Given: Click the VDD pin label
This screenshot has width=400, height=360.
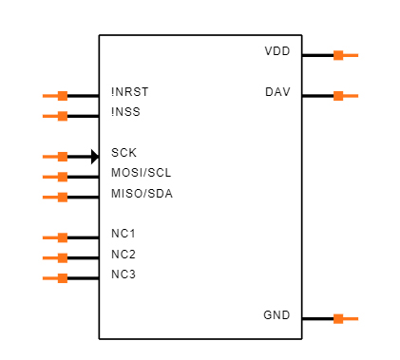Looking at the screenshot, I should (x=276, y=50).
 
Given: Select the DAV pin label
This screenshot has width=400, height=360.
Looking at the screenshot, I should (x=276, y=92).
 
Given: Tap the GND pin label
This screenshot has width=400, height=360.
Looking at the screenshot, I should (x=276, y=315).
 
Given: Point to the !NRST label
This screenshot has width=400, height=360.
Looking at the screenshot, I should (x=130, y=92).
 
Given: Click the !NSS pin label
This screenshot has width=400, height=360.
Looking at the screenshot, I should (x=126, y=113).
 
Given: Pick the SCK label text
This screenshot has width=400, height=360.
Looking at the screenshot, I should (x=124, y=152).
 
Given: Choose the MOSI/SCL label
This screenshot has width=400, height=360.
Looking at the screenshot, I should (x=142, y=173).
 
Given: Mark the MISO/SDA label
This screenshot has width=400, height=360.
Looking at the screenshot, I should (x=142, y=194).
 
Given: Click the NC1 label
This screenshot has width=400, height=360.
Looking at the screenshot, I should (x=124, y=234).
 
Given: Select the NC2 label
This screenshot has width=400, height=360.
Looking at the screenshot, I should (x=124, y=255).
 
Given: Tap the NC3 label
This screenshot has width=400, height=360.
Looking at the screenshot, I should (x=124, y=275).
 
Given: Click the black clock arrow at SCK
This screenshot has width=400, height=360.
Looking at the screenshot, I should (x=95, y=157).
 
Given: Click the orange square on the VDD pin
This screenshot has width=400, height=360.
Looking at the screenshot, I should (x=338, y=55).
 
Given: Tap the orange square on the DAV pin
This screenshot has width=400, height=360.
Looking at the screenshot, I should (x=338, y=95).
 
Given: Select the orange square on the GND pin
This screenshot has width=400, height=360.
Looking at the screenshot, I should (x=338, y=318).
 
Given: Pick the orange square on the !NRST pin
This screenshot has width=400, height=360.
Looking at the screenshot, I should (x=63, y=96).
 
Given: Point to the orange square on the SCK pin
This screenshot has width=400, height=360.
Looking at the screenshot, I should (x=63, y=157).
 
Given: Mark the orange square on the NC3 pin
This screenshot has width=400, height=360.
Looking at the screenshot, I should (x=63, y=278).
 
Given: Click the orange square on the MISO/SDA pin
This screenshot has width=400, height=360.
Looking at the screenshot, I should (x=63, y=198).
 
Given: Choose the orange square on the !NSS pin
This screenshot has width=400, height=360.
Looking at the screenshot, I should (x=63, y=116).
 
